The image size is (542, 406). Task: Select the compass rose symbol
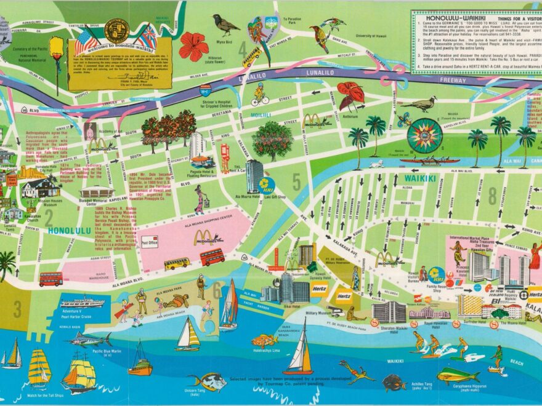pos(424,135)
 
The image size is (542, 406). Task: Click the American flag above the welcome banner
pos(87,41)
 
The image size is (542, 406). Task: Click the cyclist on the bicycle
pos(260,96)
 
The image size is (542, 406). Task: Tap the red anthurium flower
pos(351,94)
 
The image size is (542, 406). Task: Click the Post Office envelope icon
pos(150,242)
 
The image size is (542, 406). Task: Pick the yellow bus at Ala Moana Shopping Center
pos(177,263)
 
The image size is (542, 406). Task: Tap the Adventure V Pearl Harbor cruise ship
pos(82,302)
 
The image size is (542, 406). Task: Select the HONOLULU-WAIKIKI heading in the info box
pos(450,19)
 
